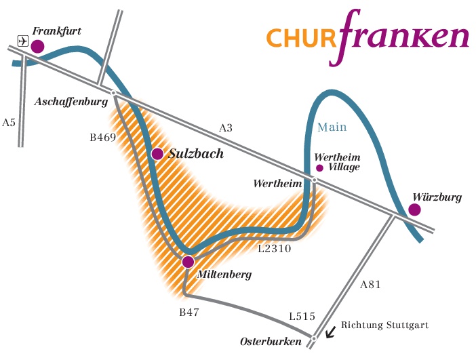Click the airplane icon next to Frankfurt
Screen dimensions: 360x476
coord(22,41)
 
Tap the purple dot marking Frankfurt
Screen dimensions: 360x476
coord(37,46)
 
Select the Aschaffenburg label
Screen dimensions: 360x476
coord(71,102)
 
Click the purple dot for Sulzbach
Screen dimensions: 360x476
coord(157,154)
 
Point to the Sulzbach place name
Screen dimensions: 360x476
coord(195,154)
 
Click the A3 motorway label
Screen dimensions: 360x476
coord(225,128)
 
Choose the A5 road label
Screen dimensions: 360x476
coord(9,123)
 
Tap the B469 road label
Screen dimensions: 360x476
coord(103,137)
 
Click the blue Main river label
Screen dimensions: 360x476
coord(332,127)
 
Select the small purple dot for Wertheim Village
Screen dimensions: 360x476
coord(320,167)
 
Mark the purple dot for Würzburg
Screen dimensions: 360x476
coord(414,210)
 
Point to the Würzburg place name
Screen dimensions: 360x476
coord(437,197)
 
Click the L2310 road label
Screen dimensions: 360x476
coord(275,249)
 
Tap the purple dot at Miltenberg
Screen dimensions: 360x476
coord(188,262)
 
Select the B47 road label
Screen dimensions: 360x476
coord(189,313)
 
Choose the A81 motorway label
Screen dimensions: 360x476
coord(370,285)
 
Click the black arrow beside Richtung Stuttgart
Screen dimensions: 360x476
coord(330,332)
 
